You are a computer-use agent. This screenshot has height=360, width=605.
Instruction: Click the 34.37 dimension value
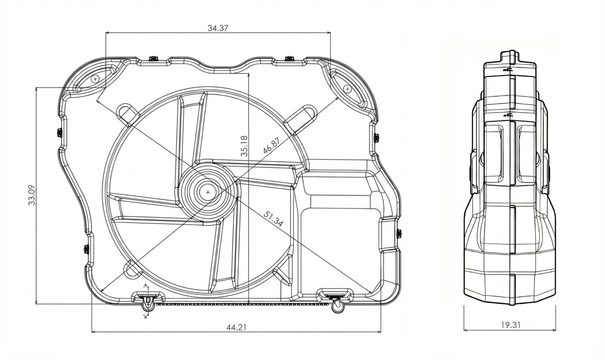pos(218,28)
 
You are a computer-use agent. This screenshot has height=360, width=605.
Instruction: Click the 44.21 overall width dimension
pos(236,327)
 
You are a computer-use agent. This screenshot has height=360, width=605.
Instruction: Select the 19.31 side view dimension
pos(510,324)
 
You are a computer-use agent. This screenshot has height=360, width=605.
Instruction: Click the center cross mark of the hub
pos(208,192)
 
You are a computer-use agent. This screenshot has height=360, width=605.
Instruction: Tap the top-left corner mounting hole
pos(95,79)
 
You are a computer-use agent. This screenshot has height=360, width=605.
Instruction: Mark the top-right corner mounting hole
pos(347,89)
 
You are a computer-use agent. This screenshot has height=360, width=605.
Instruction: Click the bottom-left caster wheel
pos(148,306)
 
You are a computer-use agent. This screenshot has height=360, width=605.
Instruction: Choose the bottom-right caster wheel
pos(337,307)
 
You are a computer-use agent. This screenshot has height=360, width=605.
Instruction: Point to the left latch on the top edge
pos(153,58)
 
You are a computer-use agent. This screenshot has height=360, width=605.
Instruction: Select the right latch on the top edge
pos(289,58)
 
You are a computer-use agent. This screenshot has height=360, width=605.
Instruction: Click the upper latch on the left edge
pos(59,132)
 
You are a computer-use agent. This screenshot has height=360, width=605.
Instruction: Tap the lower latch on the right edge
pos(399,233)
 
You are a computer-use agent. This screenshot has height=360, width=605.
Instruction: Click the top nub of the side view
pos(510,56)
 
